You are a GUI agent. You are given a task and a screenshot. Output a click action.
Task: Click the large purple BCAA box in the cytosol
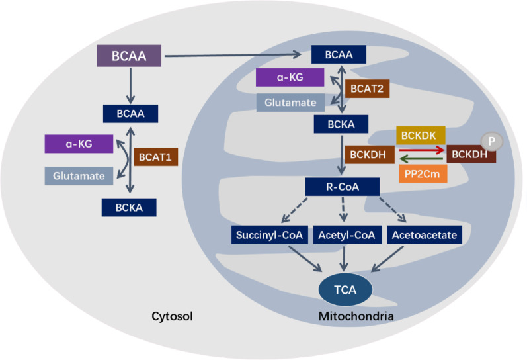(129, 56)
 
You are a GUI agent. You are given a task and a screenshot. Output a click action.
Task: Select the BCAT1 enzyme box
(155, 157)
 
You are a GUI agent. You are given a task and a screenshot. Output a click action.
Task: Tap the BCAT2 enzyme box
(367, 89)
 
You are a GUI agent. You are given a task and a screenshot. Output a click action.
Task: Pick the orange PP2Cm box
(423, 173)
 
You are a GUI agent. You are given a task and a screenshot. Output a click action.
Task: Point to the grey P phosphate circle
(492, 142)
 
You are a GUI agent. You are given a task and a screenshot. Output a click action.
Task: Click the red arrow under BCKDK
(422, 150)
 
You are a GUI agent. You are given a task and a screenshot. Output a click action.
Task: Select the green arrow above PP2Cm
(422, 159)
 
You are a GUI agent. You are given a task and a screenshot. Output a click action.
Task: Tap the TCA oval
(345, 289)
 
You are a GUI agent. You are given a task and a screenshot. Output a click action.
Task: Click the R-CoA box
(343, 187)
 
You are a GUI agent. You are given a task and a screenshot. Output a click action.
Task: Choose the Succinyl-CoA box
(269, 234)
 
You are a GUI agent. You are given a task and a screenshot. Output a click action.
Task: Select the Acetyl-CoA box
(347, 234)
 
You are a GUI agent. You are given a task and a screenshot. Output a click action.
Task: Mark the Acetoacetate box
(425, 234)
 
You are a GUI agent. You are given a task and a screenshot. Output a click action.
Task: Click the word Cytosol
(172, 316)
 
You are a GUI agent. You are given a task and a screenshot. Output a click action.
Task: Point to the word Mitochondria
(356, 316)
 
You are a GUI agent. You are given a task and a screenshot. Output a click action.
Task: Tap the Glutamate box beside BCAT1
(79, 175)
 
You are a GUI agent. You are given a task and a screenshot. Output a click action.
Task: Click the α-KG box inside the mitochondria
(290, 77)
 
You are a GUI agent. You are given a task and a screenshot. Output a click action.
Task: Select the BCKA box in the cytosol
(129, 207)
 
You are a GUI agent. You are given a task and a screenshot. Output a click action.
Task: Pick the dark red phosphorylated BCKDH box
(471, 154)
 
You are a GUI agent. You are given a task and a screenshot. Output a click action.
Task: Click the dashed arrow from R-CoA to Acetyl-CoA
(343, 209)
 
